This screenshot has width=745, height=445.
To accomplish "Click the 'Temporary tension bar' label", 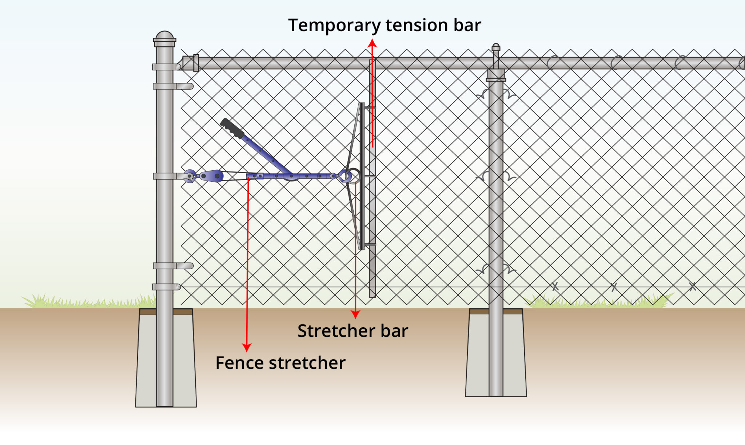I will tap(384, 25).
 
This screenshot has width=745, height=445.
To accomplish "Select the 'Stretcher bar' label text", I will tap(352, 331).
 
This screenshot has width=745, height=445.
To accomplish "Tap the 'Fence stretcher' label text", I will tap(280, 363).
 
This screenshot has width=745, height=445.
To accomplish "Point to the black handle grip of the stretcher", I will tap(232, 128).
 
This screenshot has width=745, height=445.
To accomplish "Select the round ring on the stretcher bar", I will tap(353, 176).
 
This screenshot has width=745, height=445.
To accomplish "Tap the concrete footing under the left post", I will tap(166, 360).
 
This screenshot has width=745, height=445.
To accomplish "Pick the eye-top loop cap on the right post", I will tap(496, 48).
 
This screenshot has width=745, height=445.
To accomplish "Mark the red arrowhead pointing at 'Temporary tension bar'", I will tap(372, 43).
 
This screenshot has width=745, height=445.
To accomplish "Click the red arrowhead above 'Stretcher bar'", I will tap(355, 314).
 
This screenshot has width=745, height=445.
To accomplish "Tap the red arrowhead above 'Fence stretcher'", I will tap(247, 348).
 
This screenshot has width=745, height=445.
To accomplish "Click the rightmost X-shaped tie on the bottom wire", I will tap(692, 287).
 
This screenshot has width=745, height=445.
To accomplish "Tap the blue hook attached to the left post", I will tap(190, 176).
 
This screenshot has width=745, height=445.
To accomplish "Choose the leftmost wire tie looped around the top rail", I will tap(553, 62).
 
